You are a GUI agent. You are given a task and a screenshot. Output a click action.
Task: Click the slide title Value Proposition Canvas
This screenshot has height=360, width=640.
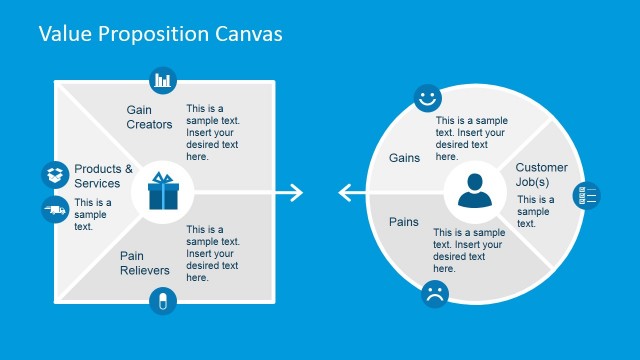160,33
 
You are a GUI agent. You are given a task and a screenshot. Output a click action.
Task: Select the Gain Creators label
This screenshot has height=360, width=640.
149,116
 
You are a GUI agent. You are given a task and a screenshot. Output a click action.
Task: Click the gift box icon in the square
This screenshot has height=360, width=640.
162,191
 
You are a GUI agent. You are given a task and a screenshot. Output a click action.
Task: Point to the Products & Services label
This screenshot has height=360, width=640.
103,176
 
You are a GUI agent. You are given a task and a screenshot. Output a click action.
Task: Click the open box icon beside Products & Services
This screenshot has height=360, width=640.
55,175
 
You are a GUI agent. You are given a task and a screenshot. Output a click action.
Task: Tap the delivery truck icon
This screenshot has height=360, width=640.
55,209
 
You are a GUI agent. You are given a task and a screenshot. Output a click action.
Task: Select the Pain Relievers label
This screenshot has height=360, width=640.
145,263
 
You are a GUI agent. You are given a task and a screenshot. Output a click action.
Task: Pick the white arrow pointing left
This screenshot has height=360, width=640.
349,192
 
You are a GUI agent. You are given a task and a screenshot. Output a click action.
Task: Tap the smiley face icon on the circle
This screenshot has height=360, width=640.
428,98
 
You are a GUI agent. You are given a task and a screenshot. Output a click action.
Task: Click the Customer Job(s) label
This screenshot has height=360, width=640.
541,175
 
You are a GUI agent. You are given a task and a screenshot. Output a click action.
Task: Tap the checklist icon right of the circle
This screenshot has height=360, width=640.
587,195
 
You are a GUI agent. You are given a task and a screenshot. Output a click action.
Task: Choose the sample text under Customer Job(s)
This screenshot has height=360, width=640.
535,211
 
